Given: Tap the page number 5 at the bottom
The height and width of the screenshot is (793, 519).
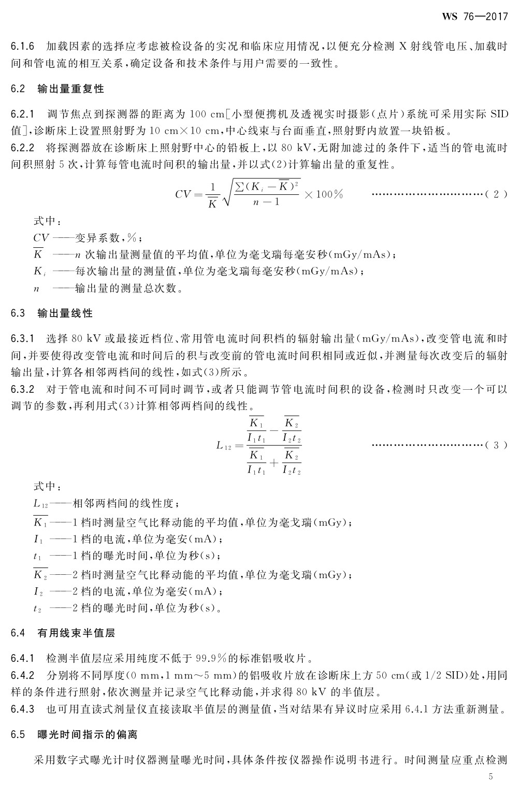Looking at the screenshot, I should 492,776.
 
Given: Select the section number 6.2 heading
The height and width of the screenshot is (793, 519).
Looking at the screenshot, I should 18,89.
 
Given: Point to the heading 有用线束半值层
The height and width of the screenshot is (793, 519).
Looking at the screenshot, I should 76,633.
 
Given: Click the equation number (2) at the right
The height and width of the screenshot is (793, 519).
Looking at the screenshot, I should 496,194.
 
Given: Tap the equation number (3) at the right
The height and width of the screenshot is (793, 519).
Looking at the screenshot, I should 496,445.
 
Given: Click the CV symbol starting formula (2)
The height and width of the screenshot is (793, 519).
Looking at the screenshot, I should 184,195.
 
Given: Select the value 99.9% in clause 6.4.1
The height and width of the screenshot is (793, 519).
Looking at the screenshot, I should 213,659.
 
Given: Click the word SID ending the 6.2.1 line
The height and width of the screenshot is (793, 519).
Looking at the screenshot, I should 499,114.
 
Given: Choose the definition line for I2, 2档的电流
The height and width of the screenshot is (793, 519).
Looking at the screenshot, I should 129,591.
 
